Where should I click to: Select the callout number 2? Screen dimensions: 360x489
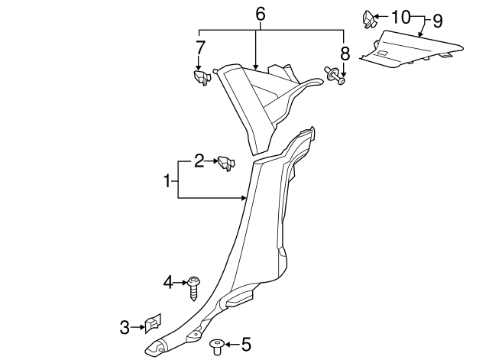point(199,161)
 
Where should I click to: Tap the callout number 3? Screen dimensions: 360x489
point(125,328)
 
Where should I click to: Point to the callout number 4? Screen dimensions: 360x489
point(168,283)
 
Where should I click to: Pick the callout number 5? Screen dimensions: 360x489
point(245,345)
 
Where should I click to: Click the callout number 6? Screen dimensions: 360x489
point(261,14)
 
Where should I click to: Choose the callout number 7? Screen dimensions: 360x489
point(200,47)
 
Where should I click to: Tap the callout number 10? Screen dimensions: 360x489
point(400,16)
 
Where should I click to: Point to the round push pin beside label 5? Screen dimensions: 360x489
point(216,348)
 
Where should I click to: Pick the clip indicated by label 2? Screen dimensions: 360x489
point(226,163)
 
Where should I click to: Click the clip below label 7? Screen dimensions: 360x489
point(200,77)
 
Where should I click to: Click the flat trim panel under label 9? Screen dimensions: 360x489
point(413,50)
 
